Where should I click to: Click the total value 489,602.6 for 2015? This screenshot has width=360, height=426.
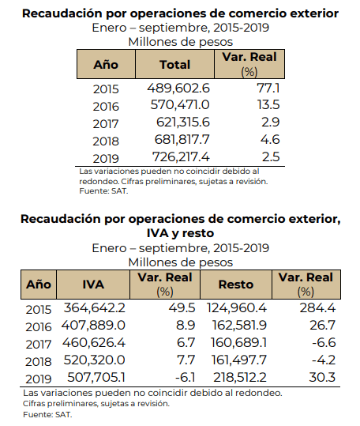tap(178, 88)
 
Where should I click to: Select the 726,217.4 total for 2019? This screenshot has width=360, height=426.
tap(181, 156)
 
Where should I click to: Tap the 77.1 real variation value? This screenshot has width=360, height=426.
tap(268, 88)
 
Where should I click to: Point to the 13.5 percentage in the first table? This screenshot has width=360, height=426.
tap(268, 105)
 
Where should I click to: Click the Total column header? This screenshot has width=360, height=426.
tap(174, 65)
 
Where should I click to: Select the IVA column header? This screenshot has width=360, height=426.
tap(93, 285)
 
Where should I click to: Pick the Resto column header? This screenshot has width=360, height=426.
tap(236, 285)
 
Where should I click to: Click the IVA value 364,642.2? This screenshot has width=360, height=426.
tap(95, 307)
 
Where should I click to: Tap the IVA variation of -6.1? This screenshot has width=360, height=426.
tap(185, 377)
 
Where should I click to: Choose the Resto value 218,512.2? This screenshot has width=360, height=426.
tap(240, 377)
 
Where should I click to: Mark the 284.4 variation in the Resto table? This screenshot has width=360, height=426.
tap(317, 307)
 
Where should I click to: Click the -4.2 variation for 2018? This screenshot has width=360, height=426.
tap(324, 360)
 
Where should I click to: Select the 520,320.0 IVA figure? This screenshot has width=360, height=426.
tap(94, 360)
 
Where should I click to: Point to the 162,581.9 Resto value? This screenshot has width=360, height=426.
tap(239, 325)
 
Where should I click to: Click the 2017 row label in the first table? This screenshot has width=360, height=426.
tap(106, 124)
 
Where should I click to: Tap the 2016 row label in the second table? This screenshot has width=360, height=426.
tap(39, 327)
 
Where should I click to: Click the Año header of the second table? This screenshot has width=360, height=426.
tap(39, 285)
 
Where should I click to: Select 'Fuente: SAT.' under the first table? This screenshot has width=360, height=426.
tap(103, 191)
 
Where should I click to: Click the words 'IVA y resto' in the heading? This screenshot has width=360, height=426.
tap(181, 233)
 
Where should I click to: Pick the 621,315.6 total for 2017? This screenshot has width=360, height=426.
tap(183, 122)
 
